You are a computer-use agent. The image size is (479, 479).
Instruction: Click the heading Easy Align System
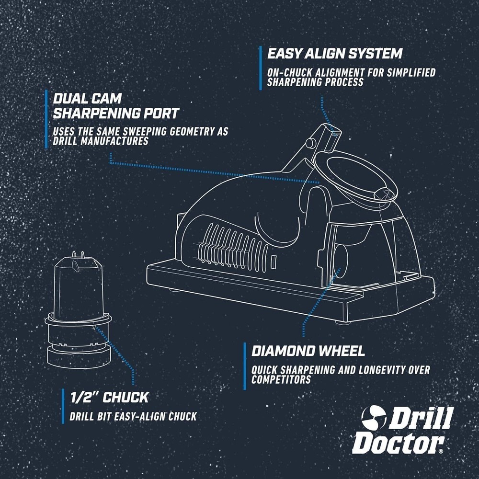click(334, 54)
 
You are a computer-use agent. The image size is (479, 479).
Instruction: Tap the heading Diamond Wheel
click(308, 351)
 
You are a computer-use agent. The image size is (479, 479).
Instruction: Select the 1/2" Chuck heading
click(109, 397)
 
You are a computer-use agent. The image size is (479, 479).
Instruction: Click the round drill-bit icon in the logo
click(374, 417)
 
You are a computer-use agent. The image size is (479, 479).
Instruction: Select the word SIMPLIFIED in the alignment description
click(411, 73)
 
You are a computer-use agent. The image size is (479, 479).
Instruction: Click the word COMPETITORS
click(281, 380)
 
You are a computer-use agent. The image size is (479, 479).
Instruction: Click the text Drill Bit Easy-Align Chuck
click(133, 416)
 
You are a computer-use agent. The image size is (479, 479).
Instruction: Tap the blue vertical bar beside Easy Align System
click(260, 68)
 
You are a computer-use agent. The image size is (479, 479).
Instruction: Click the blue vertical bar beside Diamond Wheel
click(245, 366)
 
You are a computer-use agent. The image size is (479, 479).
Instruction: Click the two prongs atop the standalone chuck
click(78, 255)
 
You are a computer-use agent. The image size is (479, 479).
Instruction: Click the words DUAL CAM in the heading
click(87, 99)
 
